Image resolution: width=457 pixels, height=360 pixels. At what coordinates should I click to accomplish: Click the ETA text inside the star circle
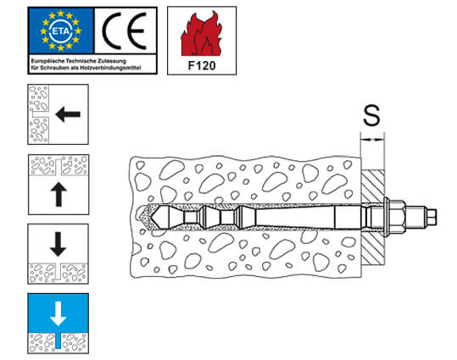click(x=61, y=30)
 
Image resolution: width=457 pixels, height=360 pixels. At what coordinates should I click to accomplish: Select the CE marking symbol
click(x=124, y=30)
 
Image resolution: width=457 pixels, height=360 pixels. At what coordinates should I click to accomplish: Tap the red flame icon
click(x=201, y=34)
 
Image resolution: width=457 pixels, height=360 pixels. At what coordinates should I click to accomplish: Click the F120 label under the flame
click(x=202, y=66)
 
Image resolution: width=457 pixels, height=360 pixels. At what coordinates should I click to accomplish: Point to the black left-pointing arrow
click(x=68, y=114)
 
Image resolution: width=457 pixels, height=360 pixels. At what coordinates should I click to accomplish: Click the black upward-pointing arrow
click(x=59, y=194)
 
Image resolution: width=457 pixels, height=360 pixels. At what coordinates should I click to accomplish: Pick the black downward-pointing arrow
click(x=59, y=244)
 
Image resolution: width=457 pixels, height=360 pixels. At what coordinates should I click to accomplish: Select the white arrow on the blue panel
click(x=59, y=313)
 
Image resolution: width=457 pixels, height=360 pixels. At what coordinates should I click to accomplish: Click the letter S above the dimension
click(x=371, y=115)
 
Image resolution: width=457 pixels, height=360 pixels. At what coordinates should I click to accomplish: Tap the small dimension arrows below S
click(x=372, y=140)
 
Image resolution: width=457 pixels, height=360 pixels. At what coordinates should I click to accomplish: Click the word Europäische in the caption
click(x=47, y=61)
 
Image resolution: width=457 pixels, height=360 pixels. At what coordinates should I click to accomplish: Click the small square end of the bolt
click(x=432, y=218)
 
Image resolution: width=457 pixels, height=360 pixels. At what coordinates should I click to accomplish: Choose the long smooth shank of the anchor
click(x=295, y=218)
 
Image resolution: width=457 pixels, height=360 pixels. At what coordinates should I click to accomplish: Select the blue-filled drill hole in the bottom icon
click(x=59, y=341)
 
